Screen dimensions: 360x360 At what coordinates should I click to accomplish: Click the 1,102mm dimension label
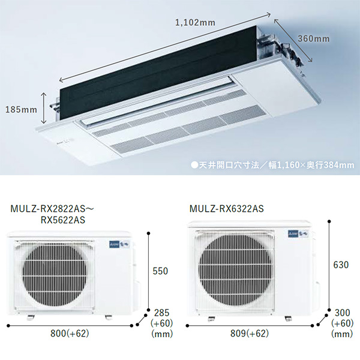click(195, 23)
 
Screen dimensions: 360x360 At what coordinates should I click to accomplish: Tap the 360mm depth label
click(314, 38)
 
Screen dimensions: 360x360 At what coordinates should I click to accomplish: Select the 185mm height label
click(21, 110)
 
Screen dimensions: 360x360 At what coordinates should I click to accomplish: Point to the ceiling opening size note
click(272, 165)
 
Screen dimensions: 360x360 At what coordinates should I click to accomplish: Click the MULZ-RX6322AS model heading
click(227, 208)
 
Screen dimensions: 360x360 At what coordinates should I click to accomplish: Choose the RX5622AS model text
click(63, 220)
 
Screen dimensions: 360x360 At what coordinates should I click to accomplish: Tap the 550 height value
click(160, 271)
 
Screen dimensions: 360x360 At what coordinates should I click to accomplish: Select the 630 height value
click(341, 265)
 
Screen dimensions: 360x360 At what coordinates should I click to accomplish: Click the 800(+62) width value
click(70, 334)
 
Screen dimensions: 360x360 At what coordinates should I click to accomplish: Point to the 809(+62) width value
click(250, 334)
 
